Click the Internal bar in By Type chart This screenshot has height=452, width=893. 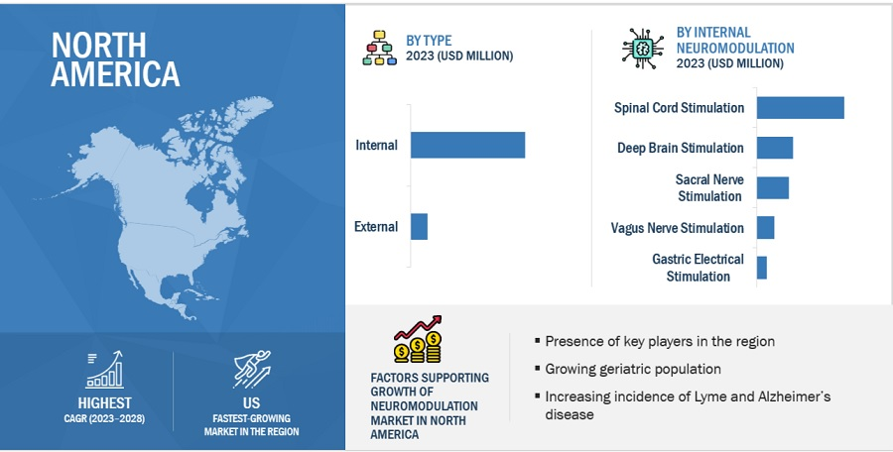pos(467,145)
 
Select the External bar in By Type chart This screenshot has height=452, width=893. pos(419,227)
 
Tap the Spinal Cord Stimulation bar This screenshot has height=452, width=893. pos(800,108)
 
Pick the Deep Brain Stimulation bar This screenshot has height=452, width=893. pos(775,148)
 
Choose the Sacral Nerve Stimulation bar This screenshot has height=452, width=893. pos(773,188)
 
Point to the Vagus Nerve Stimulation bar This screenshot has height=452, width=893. pos(765,228)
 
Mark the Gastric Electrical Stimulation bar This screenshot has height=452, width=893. pos(761,268)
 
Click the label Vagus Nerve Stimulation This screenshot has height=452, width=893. pos(677,228)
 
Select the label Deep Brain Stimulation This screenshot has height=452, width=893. pos(680,148)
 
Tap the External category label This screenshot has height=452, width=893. pos(376,227)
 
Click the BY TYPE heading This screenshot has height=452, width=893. pos(429,41)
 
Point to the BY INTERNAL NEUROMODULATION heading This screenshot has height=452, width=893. pos(734,40)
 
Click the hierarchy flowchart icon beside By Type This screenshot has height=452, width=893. pos(379,48)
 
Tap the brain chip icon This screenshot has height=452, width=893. pos(643,49)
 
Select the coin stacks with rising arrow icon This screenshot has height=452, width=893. pos(418,339)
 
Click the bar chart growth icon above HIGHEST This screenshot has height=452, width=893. pos(104,370)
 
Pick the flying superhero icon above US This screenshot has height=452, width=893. pos(252,369)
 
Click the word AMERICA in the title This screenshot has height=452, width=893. pos(115,74)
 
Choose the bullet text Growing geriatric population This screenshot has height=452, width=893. pos(633,369)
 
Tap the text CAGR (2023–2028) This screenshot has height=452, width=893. pos(104,419)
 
